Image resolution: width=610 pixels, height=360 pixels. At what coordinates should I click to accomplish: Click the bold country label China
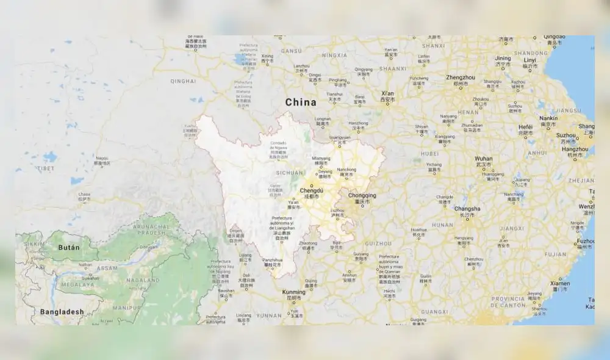(x=301, y=102)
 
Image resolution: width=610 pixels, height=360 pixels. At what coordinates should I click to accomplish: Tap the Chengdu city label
(x=310, y=191)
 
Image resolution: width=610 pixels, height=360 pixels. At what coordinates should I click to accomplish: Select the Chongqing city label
(x=362, y=196)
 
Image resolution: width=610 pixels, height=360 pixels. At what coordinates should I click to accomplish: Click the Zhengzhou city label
(x=461, y=78)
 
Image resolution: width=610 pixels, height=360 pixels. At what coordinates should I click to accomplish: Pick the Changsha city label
(x=467, y=209)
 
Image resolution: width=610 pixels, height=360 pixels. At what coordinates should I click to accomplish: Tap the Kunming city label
(x=294, y=292)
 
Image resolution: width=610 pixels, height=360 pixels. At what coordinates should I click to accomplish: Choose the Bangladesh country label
(x=62, y=312)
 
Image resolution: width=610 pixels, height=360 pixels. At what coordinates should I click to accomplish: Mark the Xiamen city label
(x=560, y=283)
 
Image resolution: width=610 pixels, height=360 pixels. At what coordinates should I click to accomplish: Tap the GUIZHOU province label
(x=379, y=243)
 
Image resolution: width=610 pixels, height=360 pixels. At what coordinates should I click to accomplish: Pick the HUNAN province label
(x=442, y=225)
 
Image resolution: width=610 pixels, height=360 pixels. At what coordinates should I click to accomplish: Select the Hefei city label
(x=525, y=127)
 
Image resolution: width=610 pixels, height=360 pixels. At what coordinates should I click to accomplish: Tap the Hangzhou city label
(x=575, y=149)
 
